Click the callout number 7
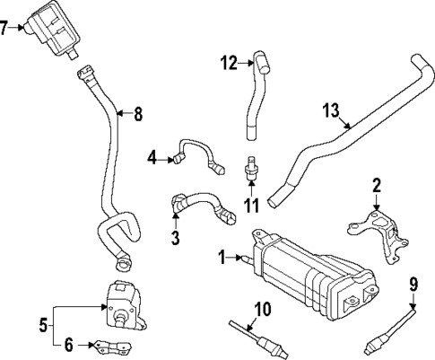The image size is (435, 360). pyautogui.click(x=6, y=28)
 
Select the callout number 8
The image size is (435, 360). pyautogui.click(x=138, y=114)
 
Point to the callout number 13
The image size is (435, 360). pyautogui.click(x=331, y=111)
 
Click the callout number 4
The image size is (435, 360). pyautogui.click(x=152, y=159)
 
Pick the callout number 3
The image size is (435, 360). pyautogui.click(x=176, y=238)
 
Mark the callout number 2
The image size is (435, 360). pyautogui.click(x=378, y=186)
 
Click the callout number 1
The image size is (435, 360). pyautogui.click(x=221, y=259)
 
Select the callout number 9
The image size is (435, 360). pyautogui.click(x=413, y=285)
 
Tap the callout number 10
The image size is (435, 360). pyautogui.click(x=261, y=310)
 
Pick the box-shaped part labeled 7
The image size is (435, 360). pyautogui.click(x=56, y=32)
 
